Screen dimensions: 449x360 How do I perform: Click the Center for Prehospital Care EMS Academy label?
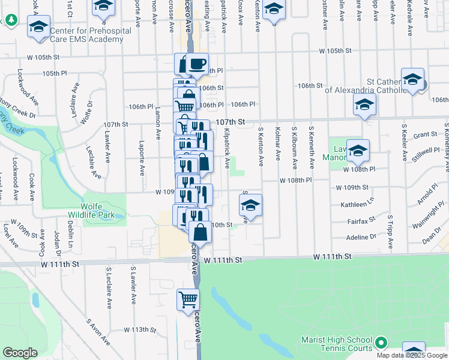tap(86, 35)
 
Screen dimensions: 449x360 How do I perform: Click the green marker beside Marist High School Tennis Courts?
tap(380, 344)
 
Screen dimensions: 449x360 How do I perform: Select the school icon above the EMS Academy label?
tap(39, 27)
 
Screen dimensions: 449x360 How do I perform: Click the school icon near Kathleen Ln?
tap(250, 206)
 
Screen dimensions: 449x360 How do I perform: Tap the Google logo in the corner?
tap(20, 353)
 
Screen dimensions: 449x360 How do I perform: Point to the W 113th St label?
tap(140, 329)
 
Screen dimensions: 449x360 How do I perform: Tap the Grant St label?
tap(424, 134)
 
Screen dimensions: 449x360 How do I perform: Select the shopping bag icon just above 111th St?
tap(200, 232)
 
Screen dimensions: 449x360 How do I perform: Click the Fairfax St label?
tap(361, 221)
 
